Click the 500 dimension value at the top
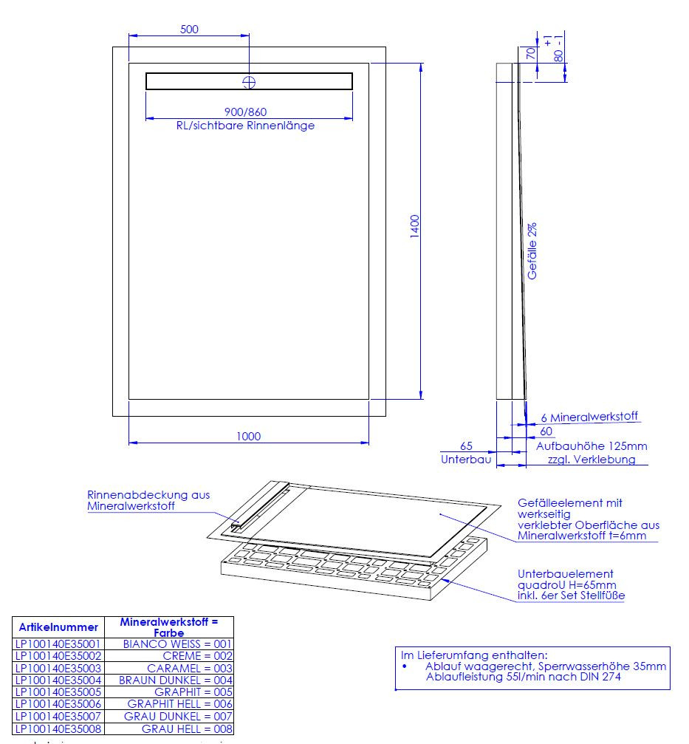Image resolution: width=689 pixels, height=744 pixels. click(x=189, y=30)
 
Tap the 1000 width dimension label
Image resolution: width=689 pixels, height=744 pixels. click(x=248, y=437)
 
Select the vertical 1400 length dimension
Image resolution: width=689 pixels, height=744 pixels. click(x=415, y=226)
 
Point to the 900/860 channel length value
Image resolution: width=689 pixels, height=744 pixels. click(x=246, y=112)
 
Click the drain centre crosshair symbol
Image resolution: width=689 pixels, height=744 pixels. click(x=249, y=82)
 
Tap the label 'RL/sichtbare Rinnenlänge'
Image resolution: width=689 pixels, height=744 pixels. click(x=245, y=126)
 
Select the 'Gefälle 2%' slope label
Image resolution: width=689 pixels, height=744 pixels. click(x=532, y=251)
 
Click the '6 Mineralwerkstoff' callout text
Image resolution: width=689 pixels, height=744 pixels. click(x=589, y=417)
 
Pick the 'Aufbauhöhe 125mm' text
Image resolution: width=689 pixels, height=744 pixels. click(x=592, y=446)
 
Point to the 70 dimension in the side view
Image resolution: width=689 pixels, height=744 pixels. click(x=531, y=52)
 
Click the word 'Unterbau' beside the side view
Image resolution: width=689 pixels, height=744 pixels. click(x=466, y=460)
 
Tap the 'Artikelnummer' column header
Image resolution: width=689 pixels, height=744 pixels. click(x=58, y=627)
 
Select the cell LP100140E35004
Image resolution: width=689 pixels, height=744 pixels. click(x=58, y=680)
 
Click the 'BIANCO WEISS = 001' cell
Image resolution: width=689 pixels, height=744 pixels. click(x=177, y=644)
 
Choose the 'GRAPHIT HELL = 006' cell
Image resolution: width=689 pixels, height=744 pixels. click(x=179, y=704)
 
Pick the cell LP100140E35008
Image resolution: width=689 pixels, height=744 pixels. click(x=58, y=728)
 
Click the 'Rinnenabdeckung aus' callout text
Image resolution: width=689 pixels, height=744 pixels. click(x=148, y=495)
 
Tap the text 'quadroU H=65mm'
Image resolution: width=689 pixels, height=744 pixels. click(x=566, y=585)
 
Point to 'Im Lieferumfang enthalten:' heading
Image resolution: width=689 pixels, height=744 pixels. click(x=473, y=655)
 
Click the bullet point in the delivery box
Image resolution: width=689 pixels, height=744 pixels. click(x=405, y=666)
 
